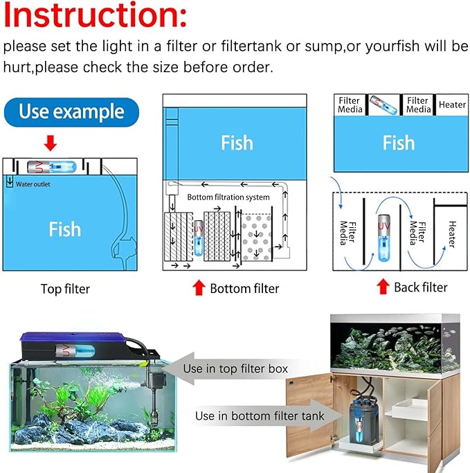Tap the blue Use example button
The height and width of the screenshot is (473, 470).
[71, 112]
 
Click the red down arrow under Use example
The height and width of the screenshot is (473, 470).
[51, 143]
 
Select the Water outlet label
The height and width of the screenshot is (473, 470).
[33, 184]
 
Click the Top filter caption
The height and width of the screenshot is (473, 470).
[65, 289]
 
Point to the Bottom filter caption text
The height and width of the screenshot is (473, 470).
[244, 288]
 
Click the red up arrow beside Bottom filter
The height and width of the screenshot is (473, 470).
[199, 287]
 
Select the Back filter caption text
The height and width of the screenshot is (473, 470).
[420, 287]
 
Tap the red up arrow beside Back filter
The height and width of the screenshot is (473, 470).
[382, 287]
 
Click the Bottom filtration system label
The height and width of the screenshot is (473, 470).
[228, 197]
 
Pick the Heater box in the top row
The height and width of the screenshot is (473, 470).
[452, 105]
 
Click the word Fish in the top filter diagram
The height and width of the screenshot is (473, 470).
[64, 229]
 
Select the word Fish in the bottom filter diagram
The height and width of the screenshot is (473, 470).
[237, 143]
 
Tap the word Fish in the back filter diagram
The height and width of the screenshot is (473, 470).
[399, 143]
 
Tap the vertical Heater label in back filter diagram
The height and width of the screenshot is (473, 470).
[451, 234]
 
